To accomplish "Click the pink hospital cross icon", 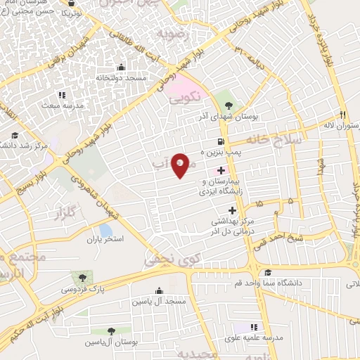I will pyautogui.click(x=221, y=170).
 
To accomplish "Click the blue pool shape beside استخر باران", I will pyautogui.click(x=105, y=229).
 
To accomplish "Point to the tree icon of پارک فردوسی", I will pyautogui.click(x=84, y=276).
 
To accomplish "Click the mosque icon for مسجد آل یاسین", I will pyautogui.click(x=159, y=290).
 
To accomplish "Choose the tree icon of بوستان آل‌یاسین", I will pyautogui.click(x=111, y=330).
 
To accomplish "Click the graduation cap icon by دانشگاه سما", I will pyautogui.click(x=267, y=273).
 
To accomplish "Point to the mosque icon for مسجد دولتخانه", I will pyautogui.click(x=122, y=67).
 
